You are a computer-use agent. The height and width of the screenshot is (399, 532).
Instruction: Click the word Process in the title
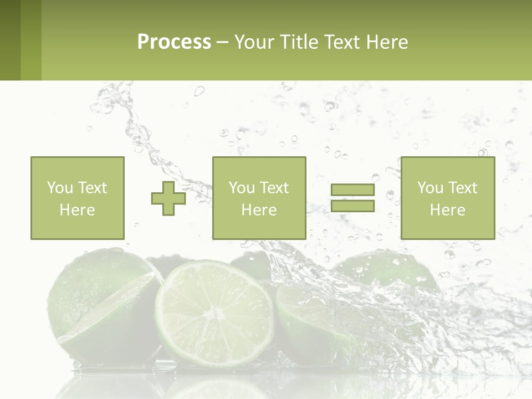[174, 42]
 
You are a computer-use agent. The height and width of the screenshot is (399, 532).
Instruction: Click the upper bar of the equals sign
[352, 190]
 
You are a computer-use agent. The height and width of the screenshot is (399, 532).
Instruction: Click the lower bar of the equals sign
[352, 206]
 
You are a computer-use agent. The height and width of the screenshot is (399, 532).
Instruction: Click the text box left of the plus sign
[77, 198]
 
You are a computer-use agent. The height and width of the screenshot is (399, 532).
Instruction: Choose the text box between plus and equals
[259, 198]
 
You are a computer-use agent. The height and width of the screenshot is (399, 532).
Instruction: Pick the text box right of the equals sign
[447, 198]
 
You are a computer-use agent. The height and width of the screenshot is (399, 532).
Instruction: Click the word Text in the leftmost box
[92, 188]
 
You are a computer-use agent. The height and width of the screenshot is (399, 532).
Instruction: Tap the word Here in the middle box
[259, 210]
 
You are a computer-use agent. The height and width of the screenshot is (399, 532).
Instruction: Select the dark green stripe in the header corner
[10, 40]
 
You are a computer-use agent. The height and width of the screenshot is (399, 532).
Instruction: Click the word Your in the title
[254, 42]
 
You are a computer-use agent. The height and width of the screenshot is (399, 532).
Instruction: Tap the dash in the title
[223, 42]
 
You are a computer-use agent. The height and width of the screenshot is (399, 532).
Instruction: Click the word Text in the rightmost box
[462, 188]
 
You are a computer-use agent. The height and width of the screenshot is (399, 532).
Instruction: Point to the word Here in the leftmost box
[77, 210]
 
